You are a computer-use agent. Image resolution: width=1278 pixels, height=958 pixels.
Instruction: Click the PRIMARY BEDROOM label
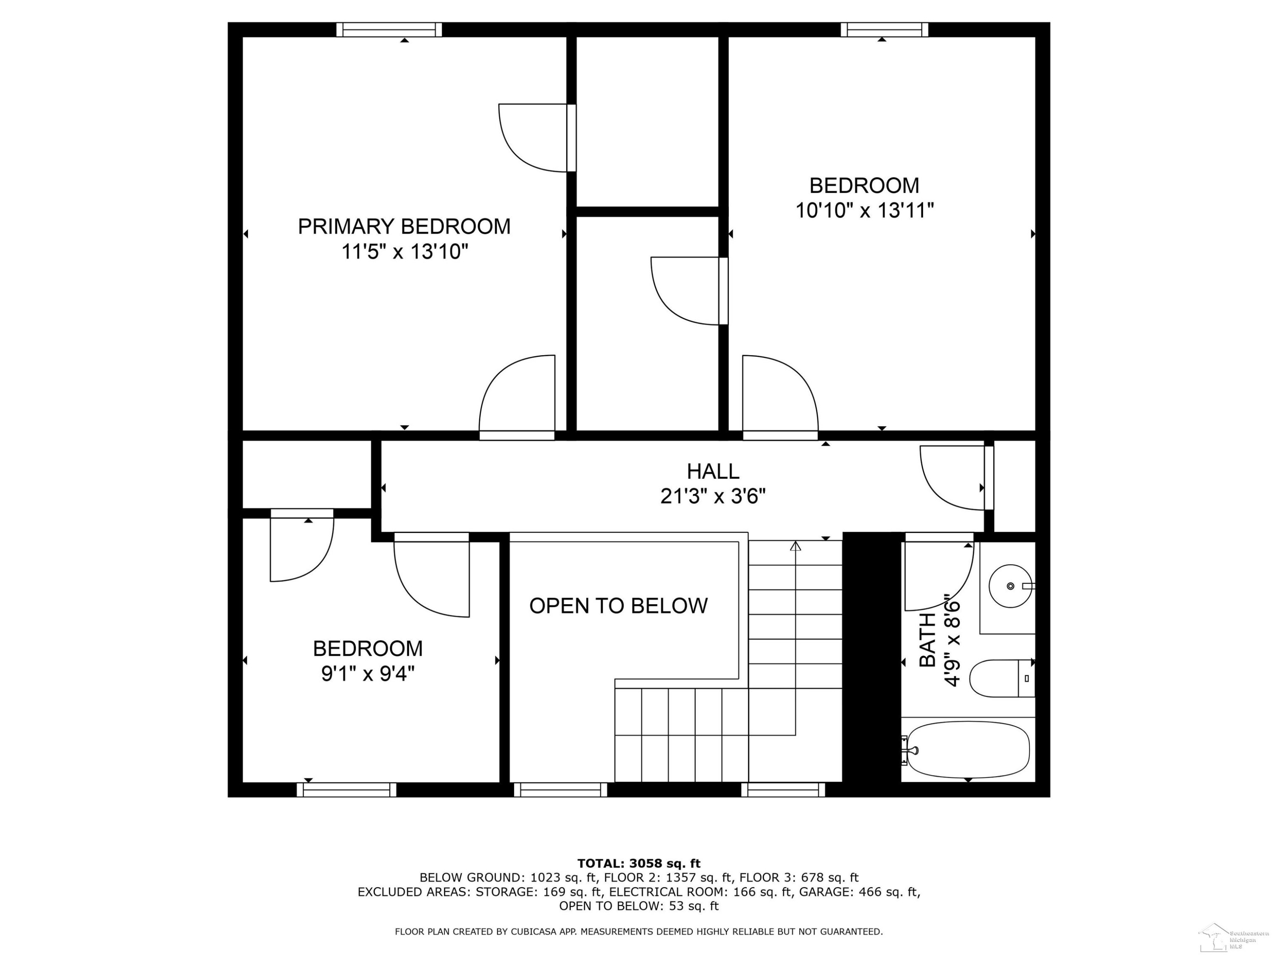404,227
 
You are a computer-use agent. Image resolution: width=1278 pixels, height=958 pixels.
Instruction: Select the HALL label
713,472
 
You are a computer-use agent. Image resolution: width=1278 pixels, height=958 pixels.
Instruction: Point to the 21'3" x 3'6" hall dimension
713,496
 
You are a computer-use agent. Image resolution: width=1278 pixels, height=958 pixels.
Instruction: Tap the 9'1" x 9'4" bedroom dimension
368,673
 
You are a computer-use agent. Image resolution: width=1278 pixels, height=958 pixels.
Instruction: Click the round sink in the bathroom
1010,586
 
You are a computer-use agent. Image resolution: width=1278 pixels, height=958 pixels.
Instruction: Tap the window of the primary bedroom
389,29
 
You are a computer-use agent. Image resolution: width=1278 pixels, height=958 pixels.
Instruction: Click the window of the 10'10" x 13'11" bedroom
884,29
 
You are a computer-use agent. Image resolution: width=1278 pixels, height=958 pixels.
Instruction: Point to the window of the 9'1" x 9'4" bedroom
347,790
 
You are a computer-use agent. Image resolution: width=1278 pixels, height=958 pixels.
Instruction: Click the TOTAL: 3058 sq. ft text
639,863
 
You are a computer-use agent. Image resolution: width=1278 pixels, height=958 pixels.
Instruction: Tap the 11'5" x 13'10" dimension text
404,252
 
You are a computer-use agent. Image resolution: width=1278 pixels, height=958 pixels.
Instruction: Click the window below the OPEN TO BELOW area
561,790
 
